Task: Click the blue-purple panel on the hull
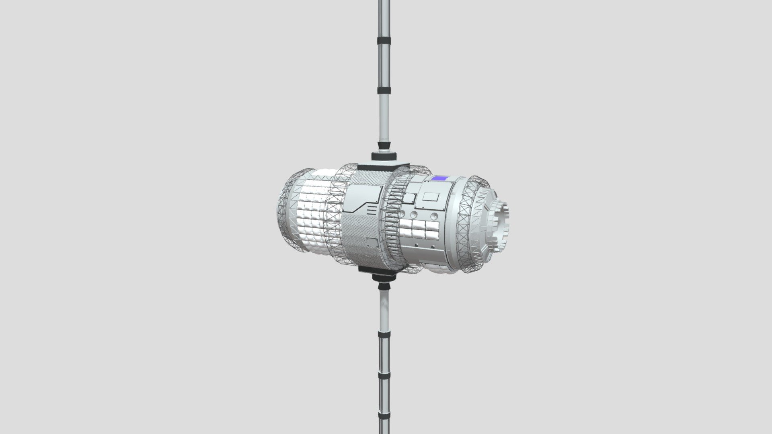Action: (440, 178)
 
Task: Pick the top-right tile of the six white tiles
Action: (432, 225)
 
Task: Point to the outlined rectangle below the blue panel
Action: (431, 197)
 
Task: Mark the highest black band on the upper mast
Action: (384, 41)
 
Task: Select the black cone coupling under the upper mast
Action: (384, 145)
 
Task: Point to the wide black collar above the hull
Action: (384, 156)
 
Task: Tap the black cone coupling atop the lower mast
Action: (384, 286)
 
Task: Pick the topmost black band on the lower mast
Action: (384, 321)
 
